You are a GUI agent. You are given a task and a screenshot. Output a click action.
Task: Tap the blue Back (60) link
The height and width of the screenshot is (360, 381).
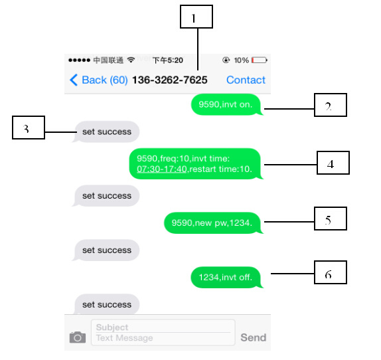pyautogui.click(x=99, y=80)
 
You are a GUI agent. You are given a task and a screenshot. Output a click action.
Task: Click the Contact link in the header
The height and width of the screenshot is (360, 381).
pyautogui.click(x=246, y=80)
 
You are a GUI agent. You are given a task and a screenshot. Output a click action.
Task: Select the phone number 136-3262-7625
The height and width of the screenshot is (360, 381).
pyautogui.click(x=170, y=80)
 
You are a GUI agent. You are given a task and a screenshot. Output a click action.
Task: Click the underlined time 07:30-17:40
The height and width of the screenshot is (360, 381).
pyautogui.click(x=162, y=169)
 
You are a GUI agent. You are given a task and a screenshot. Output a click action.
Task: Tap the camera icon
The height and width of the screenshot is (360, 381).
pyautogui.click(x=78, y=337)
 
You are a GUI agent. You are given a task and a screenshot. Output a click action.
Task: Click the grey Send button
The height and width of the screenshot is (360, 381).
pyautogui.click(x=254, y=337)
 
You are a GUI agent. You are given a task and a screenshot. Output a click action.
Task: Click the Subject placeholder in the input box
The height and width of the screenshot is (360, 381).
pyautogui.click(x=112, y=327)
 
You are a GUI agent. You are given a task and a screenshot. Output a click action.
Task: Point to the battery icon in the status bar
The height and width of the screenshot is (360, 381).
pyautogui.click(x=260, y=60)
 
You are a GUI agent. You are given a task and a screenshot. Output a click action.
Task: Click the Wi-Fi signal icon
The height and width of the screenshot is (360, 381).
pyautogui.click(x=131, y=60)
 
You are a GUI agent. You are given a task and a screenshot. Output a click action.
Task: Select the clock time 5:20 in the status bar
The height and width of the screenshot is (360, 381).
pyautogui.click(x=175, y=60)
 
